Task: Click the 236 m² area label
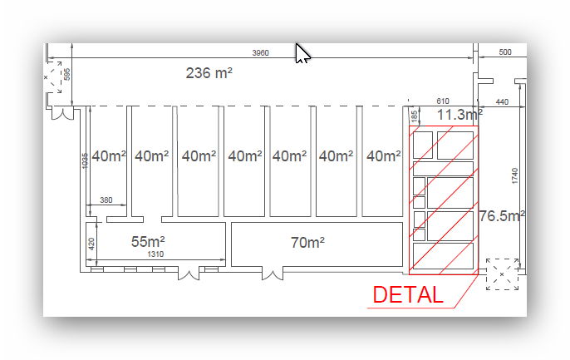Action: point(209,72)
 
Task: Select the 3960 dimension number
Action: point(261,52)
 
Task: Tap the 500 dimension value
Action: point(505,52)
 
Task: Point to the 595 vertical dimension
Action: point(66,74)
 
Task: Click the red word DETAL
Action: point(408,294)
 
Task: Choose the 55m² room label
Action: point(148,241)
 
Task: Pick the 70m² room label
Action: point(307,242)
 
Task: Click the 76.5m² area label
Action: point(502,216)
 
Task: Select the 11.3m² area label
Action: point(459,115)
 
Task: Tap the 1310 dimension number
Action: point(155,254)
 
